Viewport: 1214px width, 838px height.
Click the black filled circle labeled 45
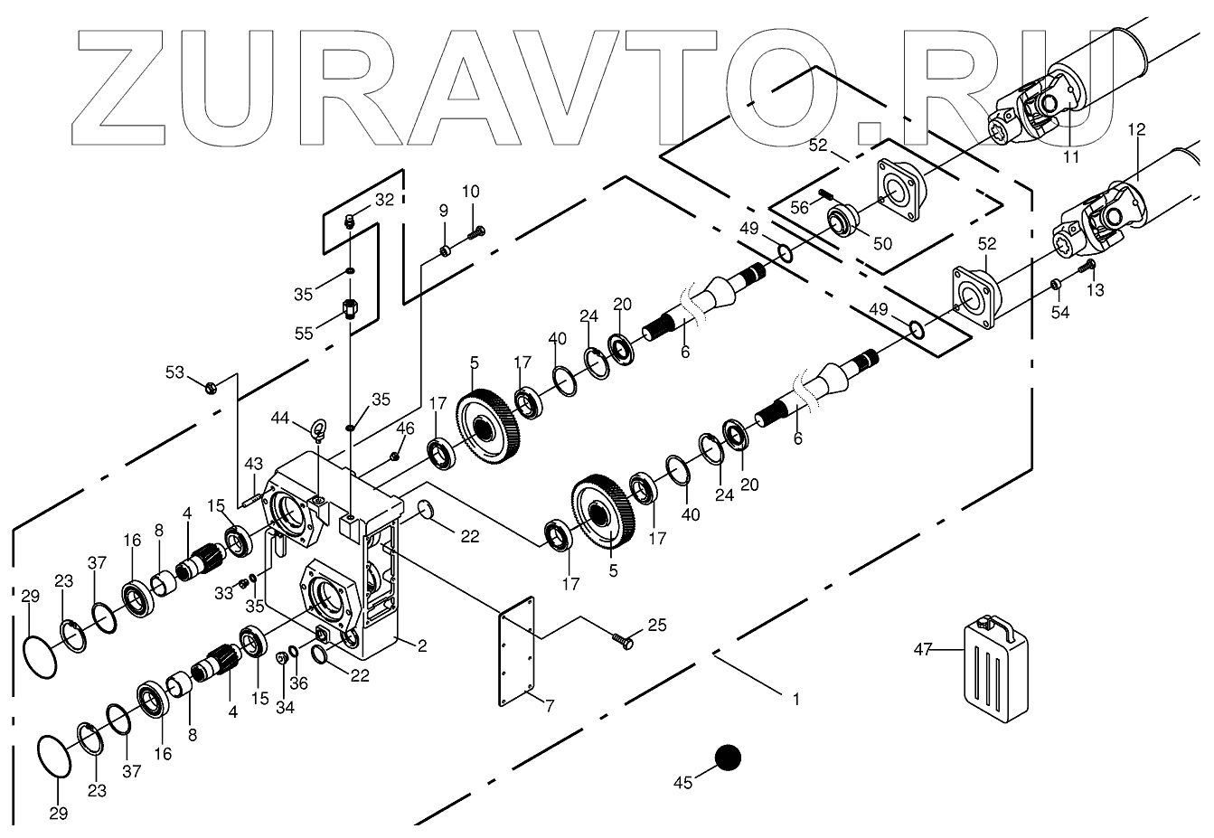[728, 758]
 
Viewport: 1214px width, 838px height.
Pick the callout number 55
[304, 334]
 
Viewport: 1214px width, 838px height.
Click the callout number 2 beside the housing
[422, 645]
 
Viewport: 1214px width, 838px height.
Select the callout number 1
[795, 699]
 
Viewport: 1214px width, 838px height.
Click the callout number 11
[1071, 156]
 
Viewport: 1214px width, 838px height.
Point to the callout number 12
[1136, 129]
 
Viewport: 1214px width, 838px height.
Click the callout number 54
[1060, 312]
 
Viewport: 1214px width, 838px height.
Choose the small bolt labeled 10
[476, 234]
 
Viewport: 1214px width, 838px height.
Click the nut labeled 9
[446, 250]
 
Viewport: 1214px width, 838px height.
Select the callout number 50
[881, 244]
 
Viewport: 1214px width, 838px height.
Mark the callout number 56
[799, 207]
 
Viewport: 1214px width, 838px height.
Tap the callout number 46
[406, 428]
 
